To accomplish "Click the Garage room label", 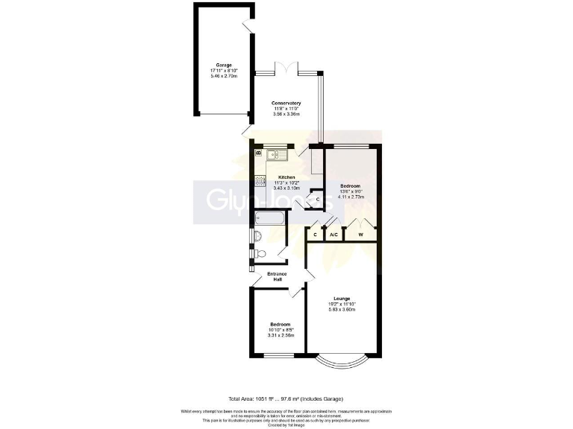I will pyautogui.click(x=224, y=65).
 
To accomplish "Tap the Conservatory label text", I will pyautogui.click(x=286, y=103).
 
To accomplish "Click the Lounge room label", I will pyautogui.click(x=342, y=299).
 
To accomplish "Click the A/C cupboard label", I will pyautogui.click(x=334, y=235).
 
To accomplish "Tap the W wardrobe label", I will pyautogui.click(x=360, y=235).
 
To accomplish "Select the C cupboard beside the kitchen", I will pyautogui.click(x=319, y=199).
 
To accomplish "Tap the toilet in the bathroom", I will pyautogui.click(x=258, y=254).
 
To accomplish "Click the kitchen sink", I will pyautogui.click(x=274, y=155).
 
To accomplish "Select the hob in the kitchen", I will pyautogui.click(x=260, y=179).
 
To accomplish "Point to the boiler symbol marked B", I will pyautogui.click(x=259, y=153).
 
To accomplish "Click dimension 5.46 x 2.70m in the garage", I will pyautogui.click(x=224, y=76).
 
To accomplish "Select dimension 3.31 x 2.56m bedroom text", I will pyautogui.click(x=281, y=336).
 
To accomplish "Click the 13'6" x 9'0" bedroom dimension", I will pyautogui.click(x=351, y=191).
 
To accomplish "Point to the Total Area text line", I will pyautogui.click(x=286, y=399).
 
